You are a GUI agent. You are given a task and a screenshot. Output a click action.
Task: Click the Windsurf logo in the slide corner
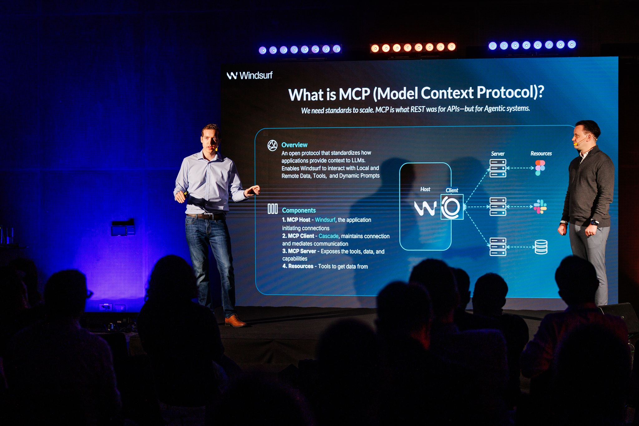pyautogui.click(x=250, y=75)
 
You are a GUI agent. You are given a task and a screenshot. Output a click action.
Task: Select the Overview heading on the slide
pyautogui.click(x=294, y=145)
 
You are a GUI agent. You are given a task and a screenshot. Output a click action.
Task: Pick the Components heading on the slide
pyautogui.click(x=299, y=210)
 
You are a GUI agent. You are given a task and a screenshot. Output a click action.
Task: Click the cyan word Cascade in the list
pyautogui.click(x=328, y=236)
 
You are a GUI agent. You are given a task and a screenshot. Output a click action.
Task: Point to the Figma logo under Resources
pyautogui.click(x=540, y=168)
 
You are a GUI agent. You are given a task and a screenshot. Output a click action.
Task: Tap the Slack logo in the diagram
pyautogui.click(x=540, y=207)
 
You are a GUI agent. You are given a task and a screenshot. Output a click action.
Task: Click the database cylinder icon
pyautogui.click(x=541, y=247)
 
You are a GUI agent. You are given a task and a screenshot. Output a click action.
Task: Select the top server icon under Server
pyautogui.click(x=498, y=168)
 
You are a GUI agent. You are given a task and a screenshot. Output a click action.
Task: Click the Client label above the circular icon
pyautogui.click(x=452, y=190)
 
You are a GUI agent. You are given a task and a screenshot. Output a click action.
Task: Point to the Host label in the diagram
pyautogui.click(x=425, y=189)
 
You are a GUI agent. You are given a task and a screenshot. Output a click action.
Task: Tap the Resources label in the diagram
pyautogui.click(x=541, y=154)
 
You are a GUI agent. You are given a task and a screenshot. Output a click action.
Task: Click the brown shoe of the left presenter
pyautogui.click(x=235, y=321)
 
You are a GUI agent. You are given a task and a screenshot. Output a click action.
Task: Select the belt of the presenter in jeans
pyautogui.click(x=205, y=216)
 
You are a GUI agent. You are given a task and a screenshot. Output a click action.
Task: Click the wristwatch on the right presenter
pyautogui.click(x=594, y=223)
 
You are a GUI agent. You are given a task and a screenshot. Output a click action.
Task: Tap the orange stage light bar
pyautogui.click(x=413, y=47)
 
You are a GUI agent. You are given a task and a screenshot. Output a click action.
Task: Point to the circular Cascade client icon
pyautogui.click(x=452, y=207)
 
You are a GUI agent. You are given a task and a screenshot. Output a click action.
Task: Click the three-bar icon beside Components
pyautogui.click(x=272, y=209)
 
